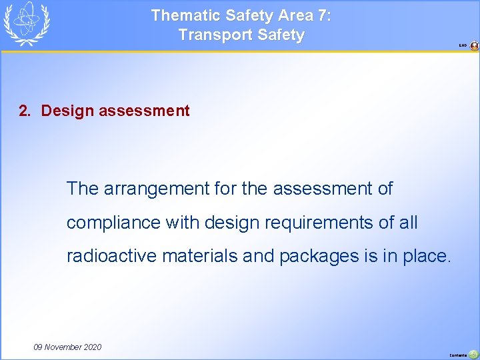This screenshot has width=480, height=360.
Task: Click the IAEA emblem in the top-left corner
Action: pyautogui.click(x=26, y=23)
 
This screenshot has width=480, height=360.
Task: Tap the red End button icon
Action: pyautogui.click(x=474, y=46)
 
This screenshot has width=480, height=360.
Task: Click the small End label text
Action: pyautogui.click(x=463, y=46)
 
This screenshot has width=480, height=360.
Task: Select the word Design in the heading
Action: pyautogui.click(x=67, y=111)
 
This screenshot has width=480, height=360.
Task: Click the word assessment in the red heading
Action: pyautogui.click(x=144, y=111)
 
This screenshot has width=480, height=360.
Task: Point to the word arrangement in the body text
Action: pyautogui.click(x=157, y=189)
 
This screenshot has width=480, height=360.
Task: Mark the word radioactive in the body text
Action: pyautogui.click(x=107, y=255)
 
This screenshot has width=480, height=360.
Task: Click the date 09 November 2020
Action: pyautogui.click(x=67, y=347)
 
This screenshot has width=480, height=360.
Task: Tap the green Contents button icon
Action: pyautogui.click(x=473, y=355)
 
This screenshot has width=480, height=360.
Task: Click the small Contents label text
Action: pyautogui.click(x=458, y=355)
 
